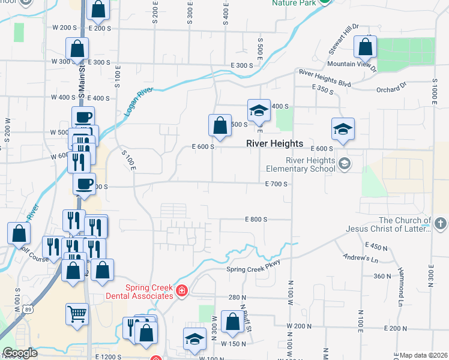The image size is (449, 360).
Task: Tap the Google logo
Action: [20, 353]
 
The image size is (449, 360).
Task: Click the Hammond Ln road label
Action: [400, 293]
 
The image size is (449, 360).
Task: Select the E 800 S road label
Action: [256, 220]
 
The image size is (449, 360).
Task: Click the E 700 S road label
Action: [277, 184]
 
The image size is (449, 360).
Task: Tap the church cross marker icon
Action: [439, 224]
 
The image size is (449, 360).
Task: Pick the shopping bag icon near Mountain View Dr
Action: [365, 46]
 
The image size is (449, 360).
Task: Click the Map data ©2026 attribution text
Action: [424, 356]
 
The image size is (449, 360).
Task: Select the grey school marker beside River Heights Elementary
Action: [345, 163]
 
